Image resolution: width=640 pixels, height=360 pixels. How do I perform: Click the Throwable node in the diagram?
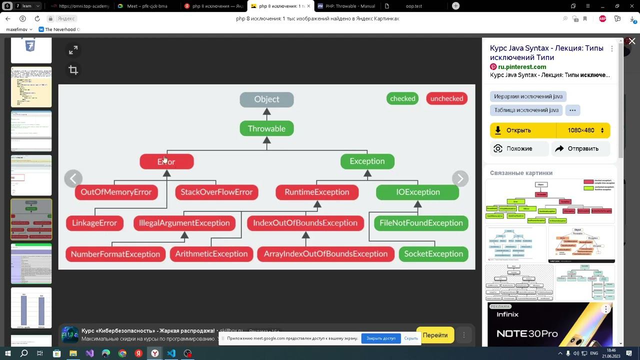266,128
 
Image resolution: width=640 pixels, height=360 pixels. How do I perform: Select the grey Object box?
266,99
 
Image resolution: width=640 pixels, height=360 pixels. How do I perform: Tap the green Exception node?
367,161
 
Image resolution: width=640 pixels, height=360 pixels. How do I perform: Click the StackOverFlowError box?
216,192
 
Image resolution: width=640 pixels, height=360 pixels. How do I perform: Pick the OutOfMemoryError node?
116,192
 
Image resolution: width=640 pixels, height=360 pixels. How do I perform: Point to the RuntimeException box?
317,192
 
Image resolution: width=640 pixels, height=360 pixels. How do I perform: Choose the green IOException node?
417,192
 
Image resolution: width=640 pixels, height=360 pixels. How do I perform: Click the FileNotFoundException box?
421,223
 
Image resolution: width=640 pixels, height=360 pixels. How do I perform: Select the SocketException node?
433,254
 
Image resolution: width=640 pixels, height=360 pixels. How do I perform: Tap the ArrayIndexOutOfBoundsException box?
325,254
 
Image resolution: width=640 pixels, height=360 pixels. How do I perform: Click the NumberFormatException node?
115,254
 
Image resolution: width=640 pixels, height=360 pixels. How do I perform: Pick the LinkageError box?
94,223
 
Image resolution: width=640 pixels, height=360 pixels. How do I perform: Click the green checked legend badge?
402,98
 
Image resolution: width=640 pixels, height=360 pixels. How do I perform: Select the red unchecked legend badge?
446,98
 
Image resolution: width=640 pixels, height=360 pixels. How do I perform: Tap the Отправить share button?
580,148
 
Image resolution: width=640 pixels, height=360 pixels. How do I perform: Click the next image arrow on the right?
460,178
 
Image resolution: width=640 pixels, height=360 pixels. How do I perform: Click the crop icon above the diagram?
73,70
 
